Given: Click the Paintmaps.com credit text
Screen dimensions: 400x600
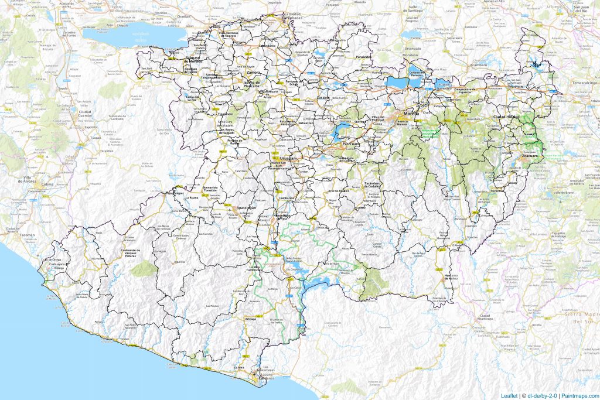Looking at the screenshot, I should (578, 395).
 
